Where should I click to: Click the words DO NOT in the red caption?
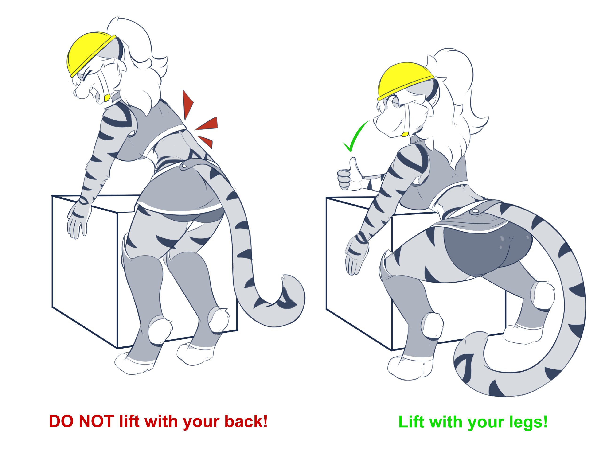(x=81, y=421)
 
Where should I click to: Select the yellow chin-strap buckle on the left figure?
(x=107, y=98)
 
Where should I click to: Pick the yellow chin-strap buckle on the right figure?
(x=405, y=134)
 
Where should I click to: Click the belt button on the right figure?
(x=475, y=211)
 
